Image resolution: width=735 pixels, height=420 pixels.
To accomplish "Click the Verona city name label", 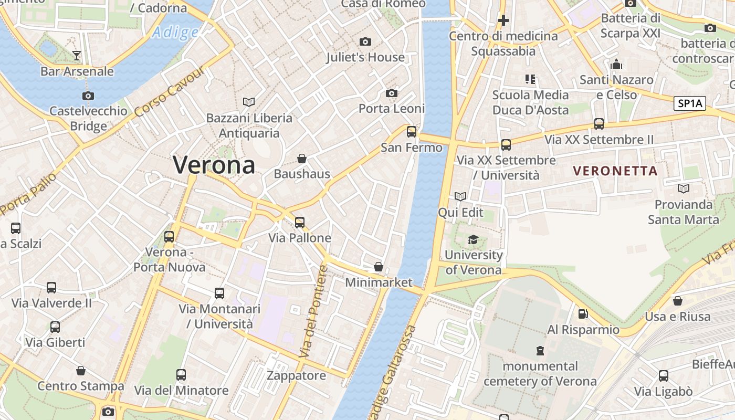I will click(214, 165).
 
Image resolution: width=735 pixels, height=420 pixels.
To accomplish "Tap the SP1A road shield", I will click(689, 103).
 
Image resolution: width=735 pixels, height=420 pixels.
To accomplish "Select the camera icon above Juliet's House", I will click(365, 41).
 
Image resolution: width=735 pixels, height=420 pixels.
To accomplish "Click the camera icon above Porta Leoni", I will click(391, 93).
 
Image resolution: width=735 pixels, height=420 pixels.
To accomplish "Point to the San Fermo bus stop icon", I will click(412, 131).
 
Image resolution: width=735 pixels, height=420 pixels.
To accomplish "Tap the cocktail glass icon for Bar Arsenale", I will click(77, 55).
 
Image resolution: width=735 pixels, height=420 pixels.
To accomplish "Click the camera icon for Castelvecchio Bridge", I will click(88, 96).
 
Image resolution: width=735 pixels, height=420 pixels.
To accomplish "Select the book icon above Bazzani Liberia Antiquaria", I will click(248, 102).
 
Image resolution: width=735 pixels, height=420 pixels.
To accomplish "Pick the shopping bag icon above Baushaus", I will click(302, 158).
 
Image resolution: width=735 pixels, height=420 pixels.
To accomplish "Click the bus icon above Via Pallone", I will click(299, 222).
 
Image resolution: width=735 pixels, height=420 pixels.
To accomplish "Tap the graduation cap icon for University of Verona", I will click(473, 239).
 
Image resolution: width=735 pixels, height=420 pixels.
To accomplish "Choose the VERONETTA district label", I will click(615, 171).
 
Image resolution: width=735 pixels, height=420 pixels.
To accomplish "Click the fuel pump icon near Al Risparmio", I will click(582, 314).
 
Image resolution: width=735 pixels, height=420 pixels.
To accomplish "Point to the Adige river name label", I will click(175, 33).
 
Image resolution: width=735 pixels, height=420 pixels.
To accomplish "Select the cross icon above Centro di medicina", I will click(503, 20).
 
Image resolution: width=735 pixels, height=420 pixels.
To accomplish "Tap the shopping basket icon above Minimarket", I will click(378, 267).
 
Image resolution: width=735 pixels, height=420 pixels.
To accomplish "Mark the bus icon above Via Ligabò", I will click(663, 375).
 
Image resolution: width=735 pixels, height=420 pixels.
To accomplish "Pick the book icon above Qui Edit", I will click(460, 196).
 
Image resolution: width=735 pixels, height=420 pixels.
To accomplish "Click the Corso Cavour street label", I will click(169, 92).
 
